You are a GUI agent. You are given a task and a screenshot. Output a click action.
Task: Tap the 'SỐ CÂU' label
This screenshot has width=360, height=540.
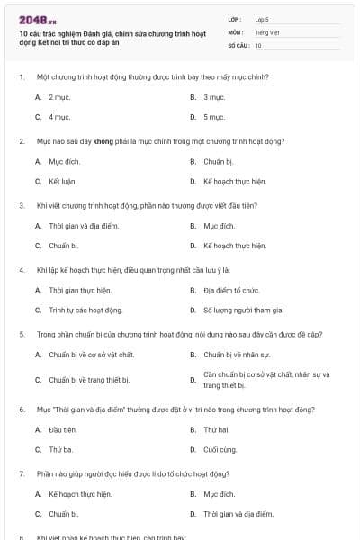(x=237, y=45)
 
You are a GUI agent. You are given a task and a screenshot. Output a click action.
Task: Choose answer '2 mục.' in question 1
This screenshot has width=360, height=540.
(x=60, y=96)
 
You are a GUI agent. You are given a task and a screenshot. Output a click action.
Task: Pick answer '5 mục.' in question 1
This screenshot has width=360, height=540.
(x=214, y=117)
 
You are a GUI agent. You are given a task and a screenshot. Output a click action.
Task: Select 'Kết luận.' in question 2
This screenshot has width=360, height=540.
(x=62, y=181)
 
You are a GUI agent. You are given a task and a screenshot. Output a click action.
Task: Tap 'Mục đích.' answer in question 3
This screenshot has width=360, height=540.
(x=219, y=226)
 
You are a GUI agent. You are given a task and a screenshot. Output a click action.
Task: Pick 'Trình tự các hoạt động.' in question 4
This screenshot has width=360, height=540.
(x=85, y=310)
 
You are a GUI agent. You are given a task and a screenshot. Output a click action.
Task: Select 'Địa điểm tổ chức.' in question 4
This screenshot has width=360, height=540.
(x=231, y=291)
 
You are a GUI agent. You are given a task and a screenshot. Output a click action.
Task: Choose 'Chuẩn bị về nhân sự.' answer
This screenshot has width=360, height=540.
(x=235, y=355)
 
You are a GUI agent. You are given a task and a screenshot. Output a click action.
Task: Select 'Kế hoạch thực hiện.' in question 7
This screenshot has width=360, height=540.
(x=80, y=494)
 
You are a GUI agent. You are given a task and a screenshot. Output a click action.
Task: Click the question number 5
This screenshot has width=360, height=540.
(x=21, y=334)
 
